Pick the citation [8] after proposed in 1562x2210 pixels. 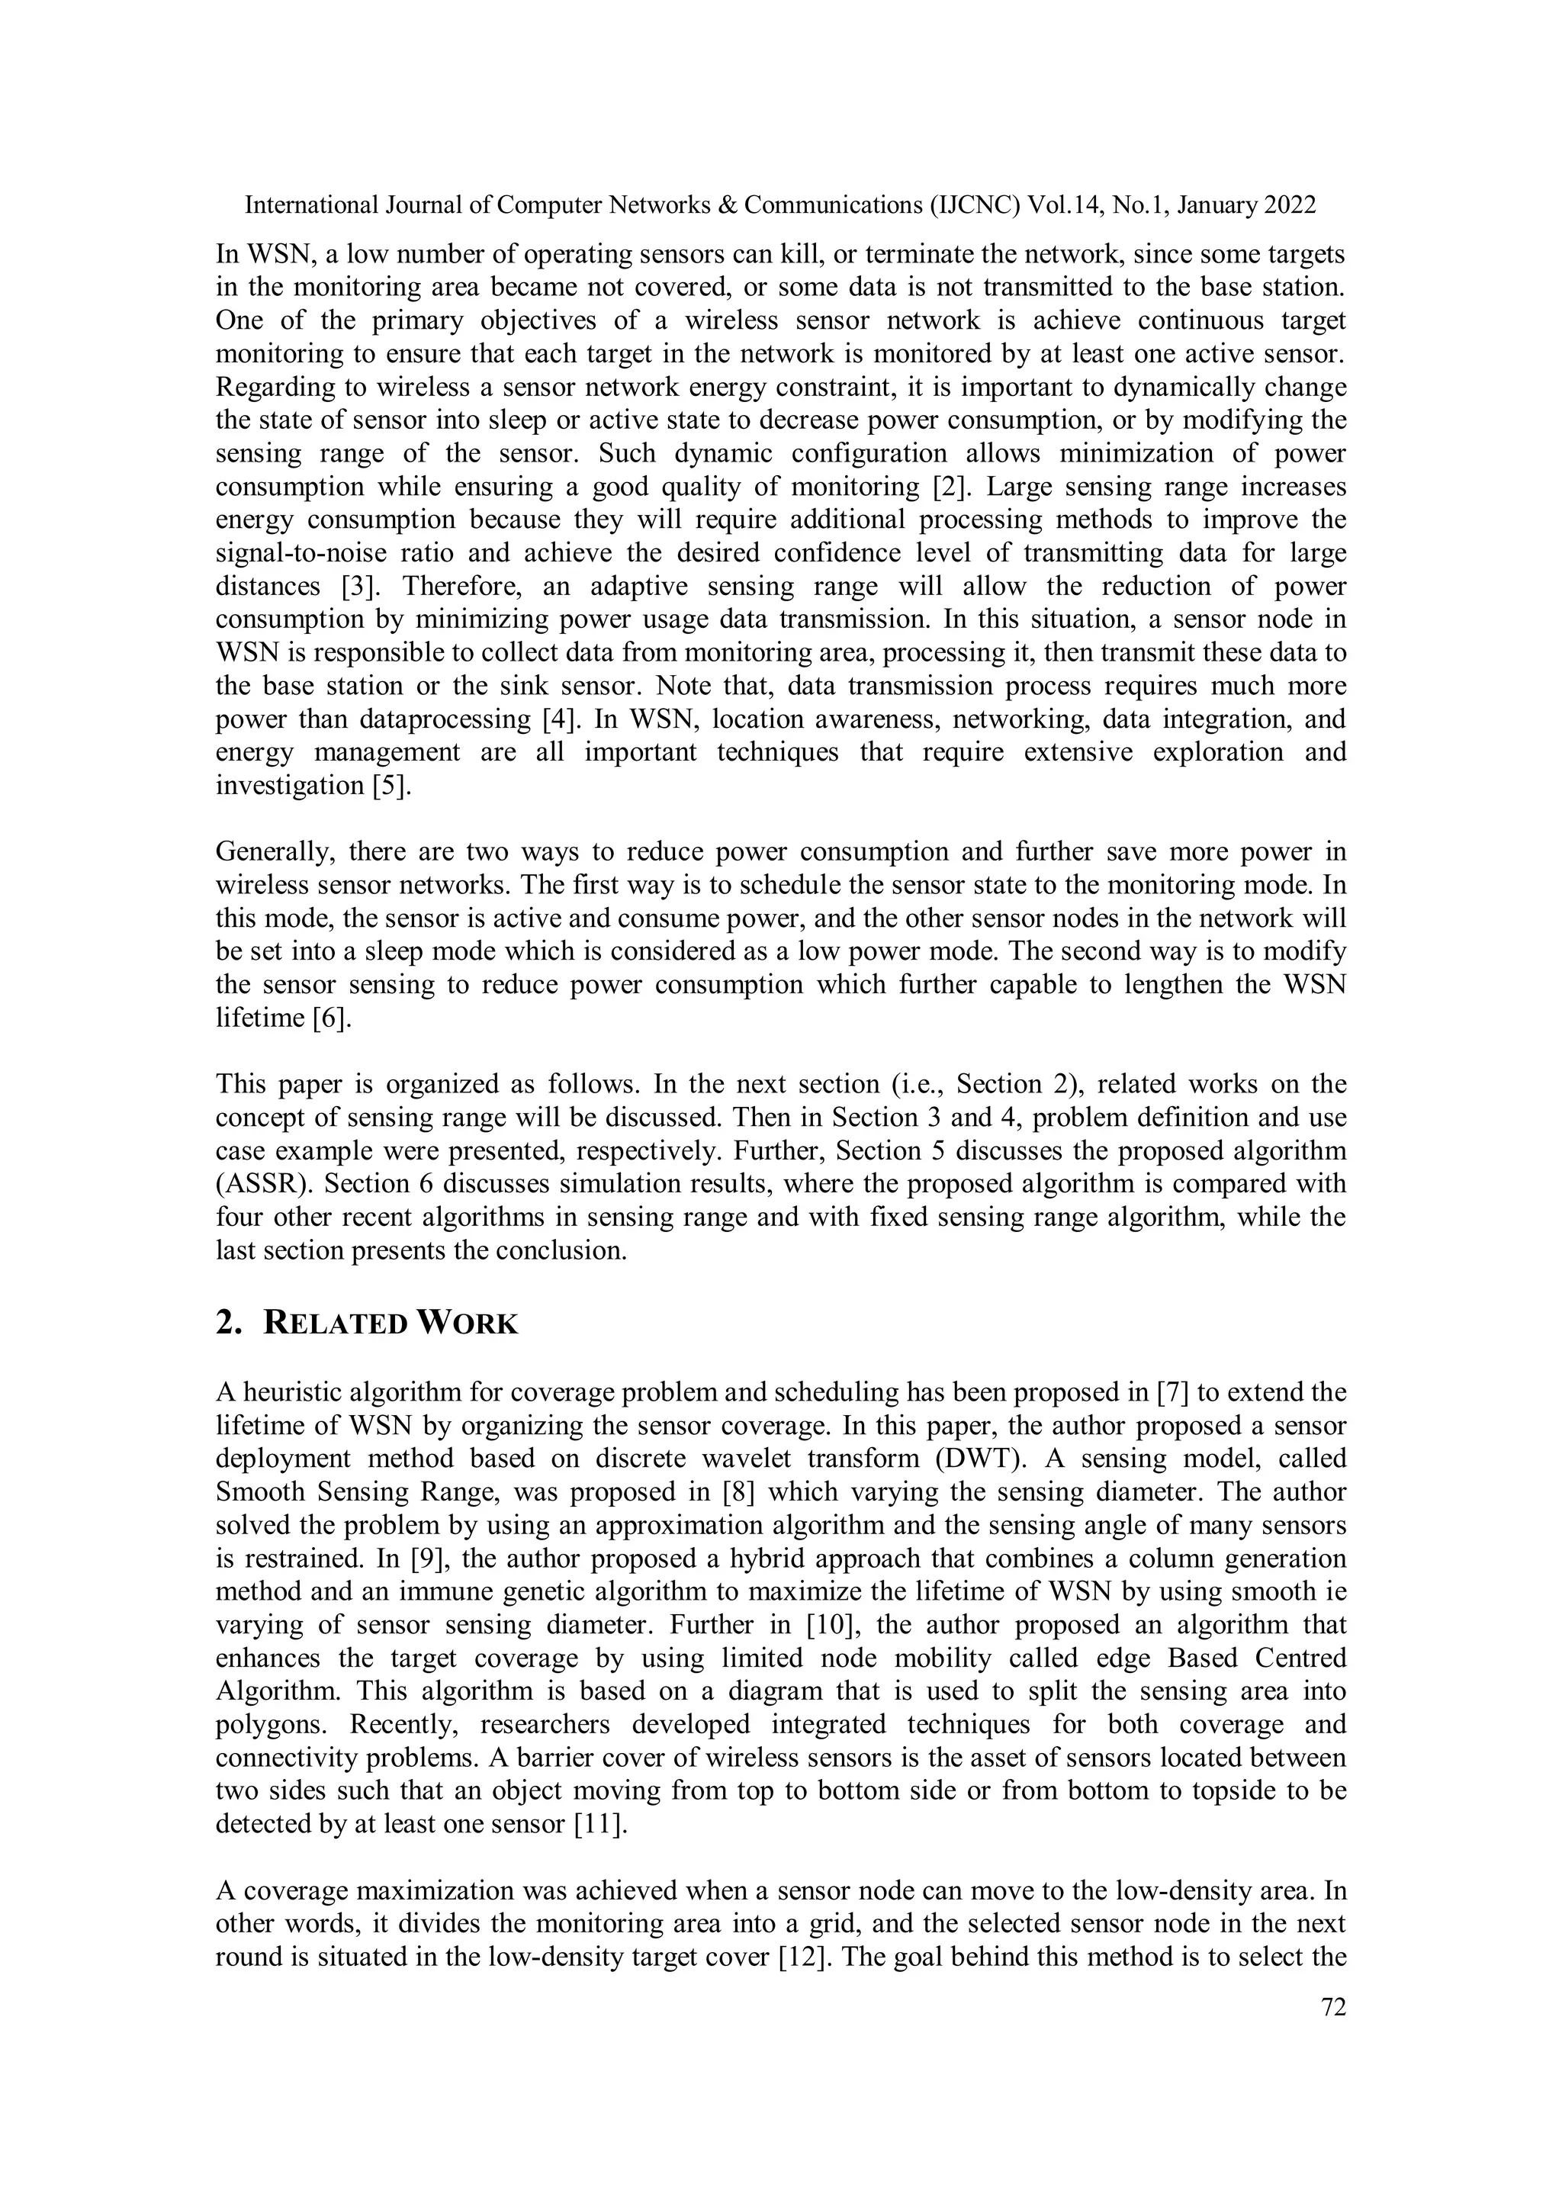pos(739,1492)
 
